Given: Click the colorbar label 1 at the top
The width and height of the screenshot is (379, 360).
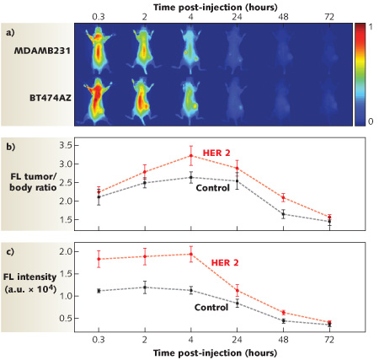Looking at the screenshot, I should [x=367, y=27].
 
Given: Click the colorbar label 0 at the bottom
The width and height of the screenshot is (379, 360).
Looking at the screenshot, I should [x=367, y=122].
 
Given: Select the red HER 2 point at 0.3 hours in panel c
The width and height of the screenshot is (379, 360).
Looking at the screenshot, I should [x=99, y=259].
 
